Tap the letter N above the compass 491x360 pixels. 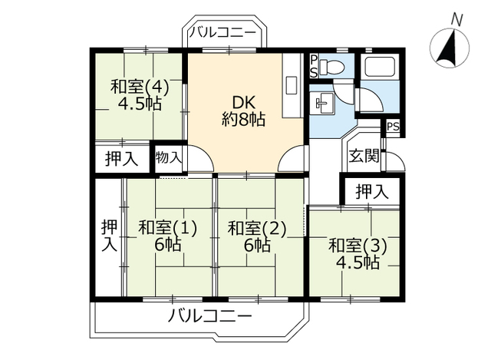456,18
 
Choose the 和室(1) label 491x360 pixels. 168,228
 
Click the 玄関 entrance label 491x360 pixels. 364,157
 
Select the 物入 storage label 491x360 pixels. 169,158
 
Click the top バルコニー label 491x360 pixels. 225,33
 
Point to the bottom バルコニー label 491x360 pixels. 209,316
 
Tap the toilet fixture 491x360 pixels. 331,67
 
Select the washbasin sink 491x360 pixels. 321,103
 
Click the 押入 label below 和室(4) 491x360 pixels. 122,160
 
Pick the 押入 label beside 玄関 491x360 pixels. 371,191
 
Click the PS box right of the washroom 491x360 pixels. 392,127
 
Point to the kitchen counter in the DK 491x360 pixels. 292,85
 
